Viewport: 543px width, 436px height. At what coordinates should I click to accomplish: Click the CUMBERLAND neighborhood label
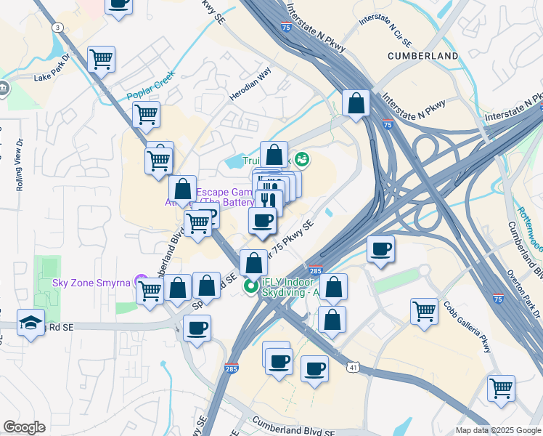click(x=422, y=56)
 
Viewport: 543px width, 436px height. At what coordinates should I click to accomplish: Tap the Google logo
click(x=24, y=427)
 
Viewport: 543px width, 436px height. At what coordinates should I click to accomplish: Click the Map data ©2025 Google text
click(x=497, y=430)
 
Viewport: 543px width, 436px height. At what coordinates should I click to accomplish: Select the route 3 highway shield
click(x=57, y=27)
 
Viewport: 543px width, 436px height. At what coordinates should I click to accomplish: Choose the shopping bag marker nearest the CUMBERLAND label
click(x=356, y=103)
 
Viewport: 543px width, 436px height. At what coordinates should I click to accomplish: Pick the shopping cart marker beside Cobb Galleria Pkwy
click(x=424, y=311)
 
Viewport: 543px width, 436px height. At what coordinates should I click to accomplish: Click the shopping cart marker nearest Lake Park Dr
click(x=101, y=59)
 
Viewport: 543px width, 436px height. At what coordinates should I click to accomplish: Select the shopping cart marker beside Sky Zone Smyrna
click(x=150, y=290)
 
